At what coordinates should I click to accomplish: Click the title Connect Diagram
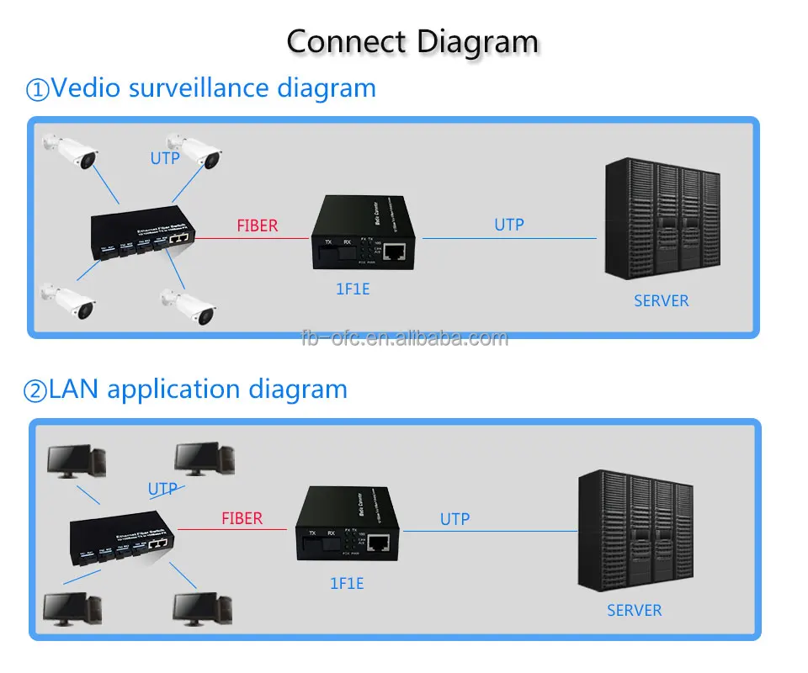pos(412,40)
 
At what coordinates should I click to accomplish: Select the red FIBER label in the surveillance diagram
pos(257,225)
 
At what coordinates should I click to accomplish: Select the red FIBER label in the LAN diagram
pos(242,518)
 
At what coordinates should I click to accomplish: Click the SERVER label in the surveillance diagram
pos(661,300)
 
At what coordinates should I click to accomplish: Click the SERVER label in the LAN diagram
pos(634,610)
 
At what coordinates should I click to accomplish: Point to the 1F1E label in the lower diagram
pos(345,582)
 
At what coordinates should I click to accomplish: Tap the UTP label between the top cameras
pos(165,157)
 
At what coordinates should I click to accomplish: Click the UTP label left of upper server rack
pos(508,225)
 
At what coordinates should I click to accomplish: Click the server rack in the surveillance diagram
pos(662,223)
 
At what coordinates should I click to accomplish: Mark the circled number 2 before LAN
pos(36,390)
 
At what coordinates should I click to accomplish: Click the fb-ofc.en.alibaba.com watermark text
pos(405,338)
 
